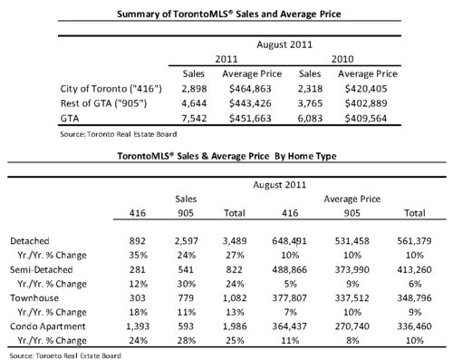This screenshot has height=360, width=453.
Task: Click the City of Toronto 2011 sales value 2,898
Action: tap(194, 89)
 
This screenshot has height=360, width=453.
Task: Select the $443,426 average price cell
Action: tap(250, 103)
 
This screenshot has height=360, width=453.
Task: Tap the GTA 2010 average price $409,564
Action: tap(366, 118)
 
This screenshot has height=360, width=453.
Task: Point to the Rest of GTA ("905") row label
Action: tap(103, 103)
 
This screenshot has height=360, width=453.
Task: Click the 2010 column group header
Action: tap(342, 59)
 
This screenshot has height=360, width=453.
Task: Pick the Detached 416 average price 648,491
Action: tap(289, 241)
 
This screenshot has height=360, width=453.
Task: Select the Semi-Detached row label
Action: tap(42, 269)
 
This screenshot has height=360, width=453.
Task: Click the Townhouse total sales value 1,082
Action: tap(235, 298)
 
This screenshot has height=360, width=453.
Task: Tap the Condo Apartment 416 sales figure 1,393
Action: tap(138, 326)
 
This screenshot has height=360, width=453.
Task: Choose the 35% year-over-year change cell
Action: tap(139, 256)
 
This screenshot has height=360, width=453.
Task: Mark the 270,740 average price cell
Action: tap(352, 326)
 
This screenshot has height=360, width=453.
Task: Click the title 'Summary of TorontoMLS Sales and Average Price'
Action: tap(229, 15)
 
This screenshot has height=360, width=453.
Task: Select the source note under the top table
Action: tap(119, 134)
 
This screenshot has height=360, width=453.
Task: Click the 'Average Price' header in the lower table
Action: tap(352, 199)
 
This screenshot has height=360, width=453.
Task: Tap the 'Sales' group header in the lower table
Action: tap(186, 199)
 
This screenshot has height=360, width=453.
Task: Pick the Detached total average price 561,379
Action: tap(414, 241)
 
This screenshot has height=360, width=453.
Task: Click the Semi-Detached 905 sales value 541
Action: tap(186, 269)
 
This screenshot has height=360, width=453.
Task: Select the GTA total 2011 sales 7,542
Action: tap(194, 118)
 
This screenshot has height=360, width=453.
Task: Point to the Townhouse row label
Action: tap(34, 298)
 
